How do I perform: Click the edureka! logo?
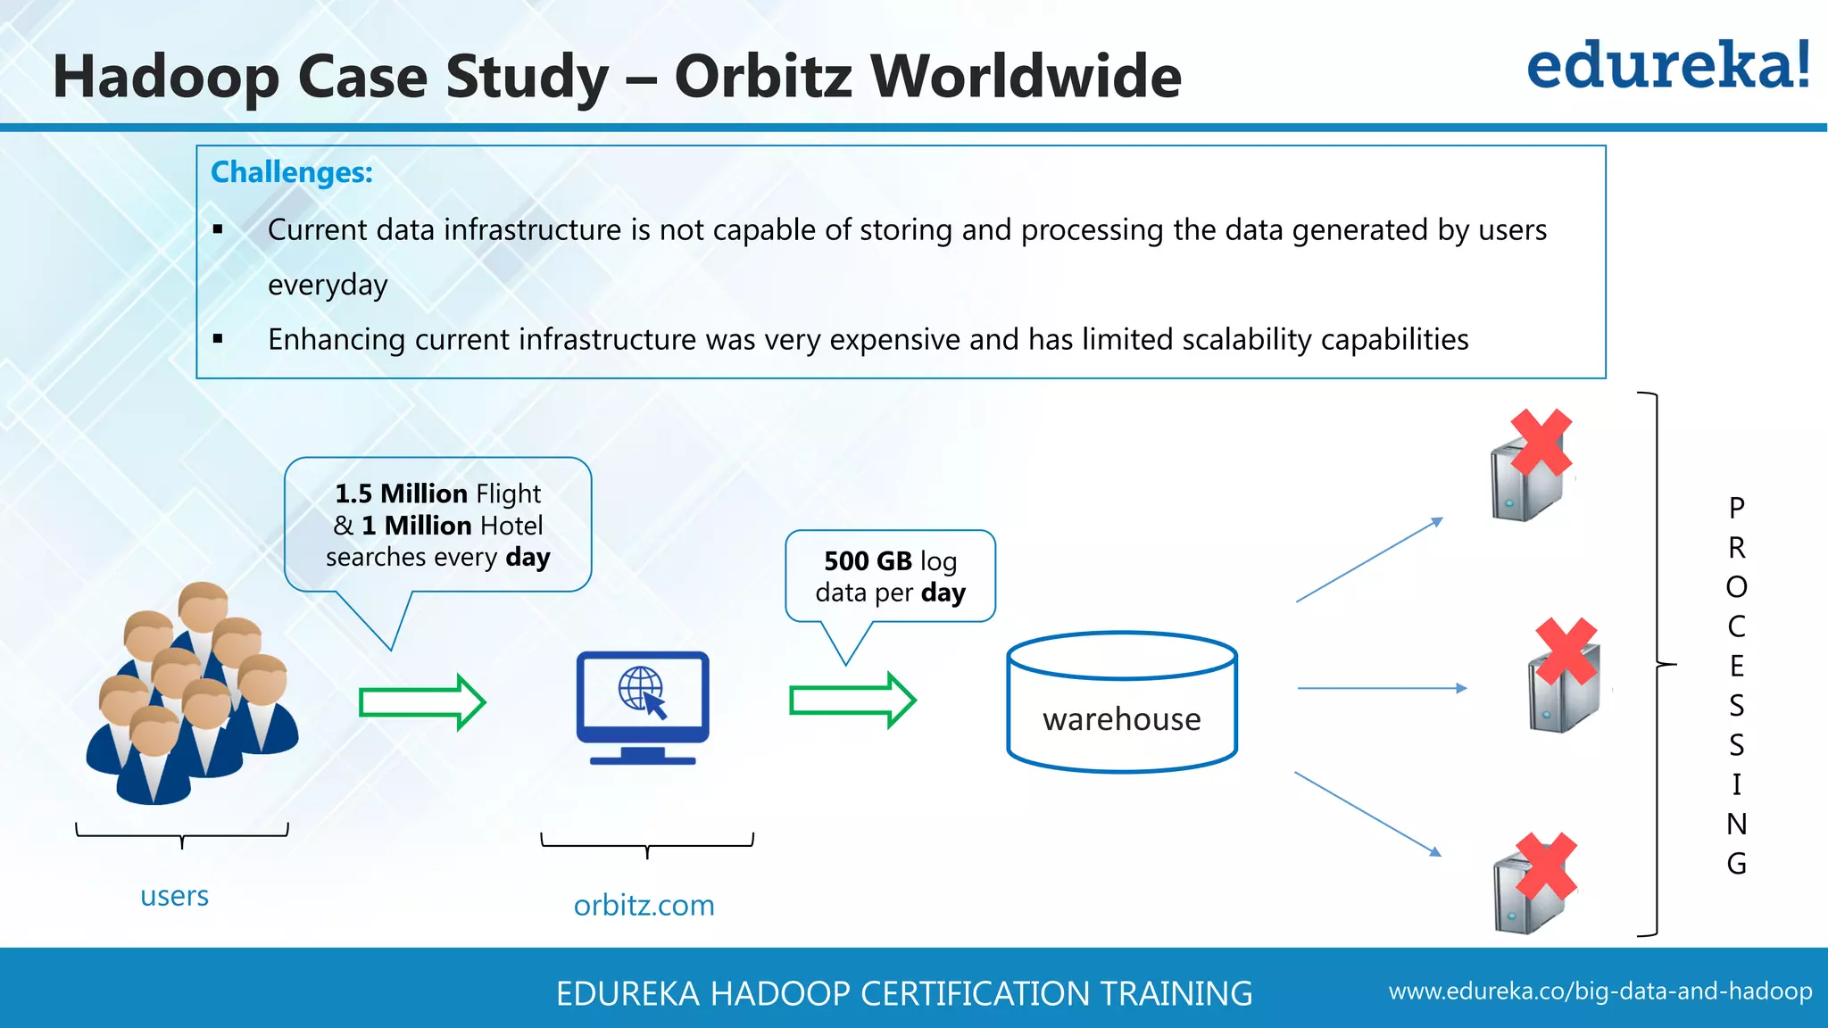pyautogui.click(x=1667, y=66)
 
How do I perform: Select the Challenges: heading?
pyautogui.click(x=291, y=172)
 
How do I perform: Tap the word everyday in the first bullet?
pyautogui.click(x=328, y=286)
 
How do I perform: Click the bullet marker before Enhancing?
pyautogui.click(x=218, y=339)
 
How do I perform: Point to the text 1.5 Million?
pyautogui.click(x=401, y=493)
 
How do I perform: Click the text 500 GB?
pyautogui.click(x=868, y=561)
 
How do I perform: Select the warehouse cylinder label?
pyautogui.click(x=1121, y=719)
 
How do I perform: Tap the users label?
pyautogui.click(x=174, y=896)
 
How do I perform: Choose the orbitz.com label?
pyautogui.click(x=644, y=906)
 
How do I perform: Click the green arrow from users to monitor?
pyautogui.click(x=421, y=702)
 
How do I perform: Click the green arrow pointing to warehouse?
pyautogui.click(x=852, y=701)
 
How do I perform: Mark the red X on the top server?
pyautogui.click(x=1541, y=443)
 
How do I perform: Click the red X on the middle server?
pyautogui.click(x=1566, y=651)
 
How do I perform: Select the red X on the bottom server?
pyautogui.click(x=1546, y=866)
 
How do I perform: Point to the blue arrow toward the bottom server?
pyautogui.click(x=1367, y=814)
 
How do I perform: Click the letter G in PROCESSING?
pyautogui.click(x=1736, y=864)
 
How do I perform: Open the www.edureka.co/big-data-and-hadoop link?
pyautogui.click(x=1599, y=991)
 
